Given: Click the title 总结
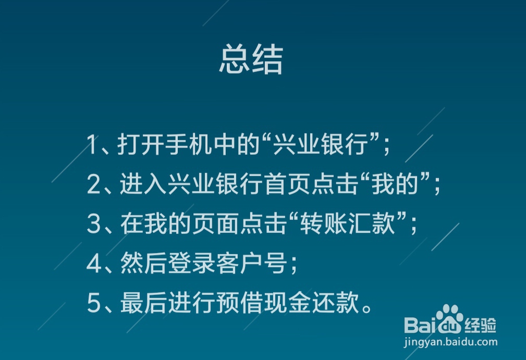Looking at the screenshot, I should [251, 60].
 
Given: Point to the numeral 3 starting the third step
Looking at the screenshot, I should [94, 224].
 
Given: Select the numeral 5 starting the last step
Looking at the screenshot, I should [94, 304].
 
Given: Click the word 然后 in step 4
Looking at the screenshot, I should [137, 264].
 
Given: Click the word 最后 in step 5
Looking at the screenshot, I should [137, 304].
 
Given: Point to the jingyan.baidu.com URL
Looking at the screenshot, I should [450, 342].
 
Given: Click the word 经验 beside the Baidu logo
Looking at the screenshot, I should [481, 326].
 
